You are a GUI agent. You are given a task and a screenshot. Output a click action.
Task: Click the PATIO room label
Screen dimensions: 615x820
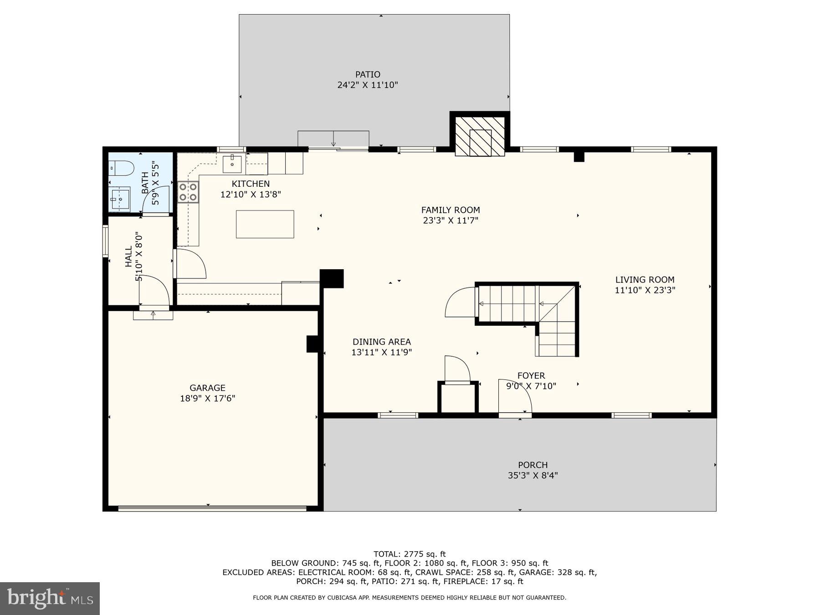tap(368, 74)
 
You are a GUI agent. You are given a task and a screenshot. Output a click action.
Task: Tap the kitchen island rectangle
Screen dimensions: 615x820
tap(265, 224)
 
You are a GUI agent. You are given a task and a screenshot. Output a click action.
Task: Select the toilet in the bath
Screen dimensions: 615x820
tap(121, 169)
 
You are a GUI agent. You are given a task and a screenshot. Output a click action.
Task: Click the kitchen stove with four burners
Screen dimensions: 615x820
tap(188, 192)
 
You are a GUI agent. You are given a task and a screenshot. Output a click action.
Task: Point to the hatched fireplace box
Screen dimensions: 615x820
tap(480, 136)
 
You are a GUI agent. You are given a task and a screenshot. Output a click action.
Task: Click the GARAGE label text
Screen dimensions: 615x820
tap(207, 388)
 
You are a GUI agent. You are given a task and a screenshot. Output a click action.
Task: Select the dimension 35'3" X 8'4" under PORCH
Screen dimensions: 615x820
tap(533, 476)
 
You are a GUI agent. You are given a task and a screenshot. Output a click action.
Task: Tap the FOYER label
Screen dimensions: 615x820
tap(531, 376)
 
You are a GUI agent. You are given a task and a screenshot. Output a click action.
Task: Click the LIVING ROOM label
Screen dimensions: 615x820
tap(645, 280)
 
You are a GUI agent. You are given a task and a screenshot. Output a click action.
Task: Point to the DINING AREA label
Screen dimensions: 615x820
tap(381, 342)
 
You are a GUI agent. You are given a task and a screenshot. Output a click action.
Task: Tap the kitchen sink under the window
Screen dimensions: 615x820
tap(232, 164)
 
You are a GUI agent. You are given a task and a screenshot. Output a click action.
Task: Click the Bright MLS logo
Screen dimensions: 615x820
tap(50, 598)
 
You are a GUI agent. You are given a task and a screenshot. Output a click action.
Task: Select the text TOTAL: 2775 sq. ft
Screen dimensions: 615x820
tap(410, 554)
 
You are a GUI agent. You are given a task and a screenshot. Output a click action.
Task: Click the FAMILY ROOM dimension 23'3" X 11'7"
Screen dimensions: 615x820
tap(451, 220)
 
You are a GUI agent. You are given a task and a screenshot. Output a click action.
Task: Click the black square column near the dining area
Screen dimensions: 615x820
tap(332, 278)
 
